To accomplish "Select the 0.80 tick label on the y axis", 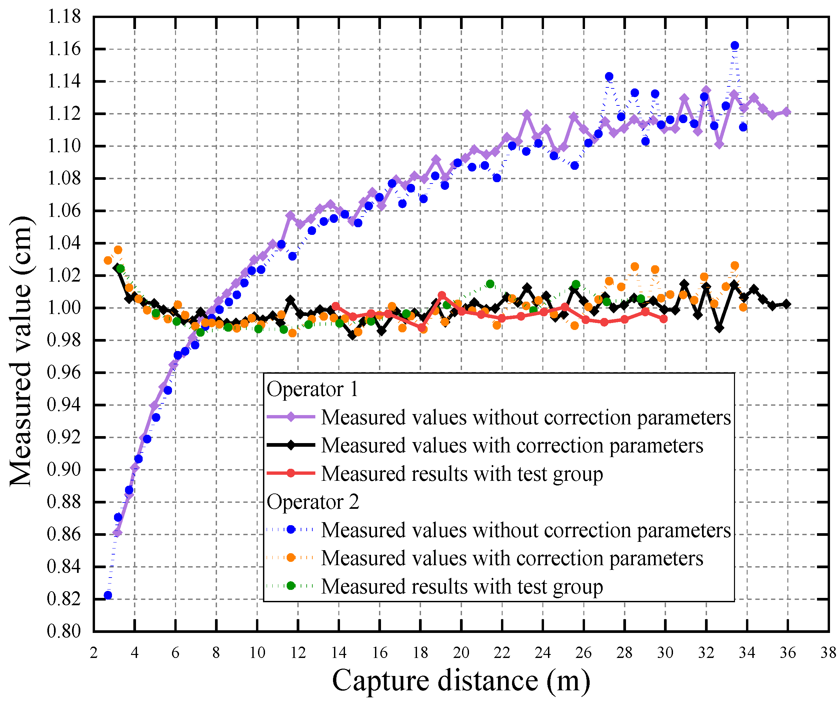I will coord(64,632).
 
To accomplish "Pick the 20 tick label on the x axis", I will coord(461,653).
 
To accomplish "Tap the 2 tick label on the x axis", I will coord(94,653).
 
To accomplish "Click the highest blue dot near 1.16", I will coord(735,46).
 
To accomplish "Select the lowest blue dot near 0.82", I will coord(108,596).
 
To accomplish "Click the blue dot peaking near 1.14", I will coord(609,76).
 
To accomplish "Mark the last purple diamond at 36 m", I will coord(786,112).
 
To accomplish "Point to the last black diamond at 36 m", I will coord(786,304).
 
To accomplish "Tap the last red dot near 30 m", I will coord(663,319).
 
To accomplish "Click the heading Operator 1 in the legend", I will coord(312,389).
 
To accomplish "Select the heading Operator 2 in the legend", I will coord(313,502).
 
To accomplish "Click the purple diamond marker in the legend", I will coord(291,417).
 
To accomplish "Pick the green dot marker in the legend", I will coord(291,586).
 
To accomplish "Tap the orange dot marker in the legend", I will coord(291,558).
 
